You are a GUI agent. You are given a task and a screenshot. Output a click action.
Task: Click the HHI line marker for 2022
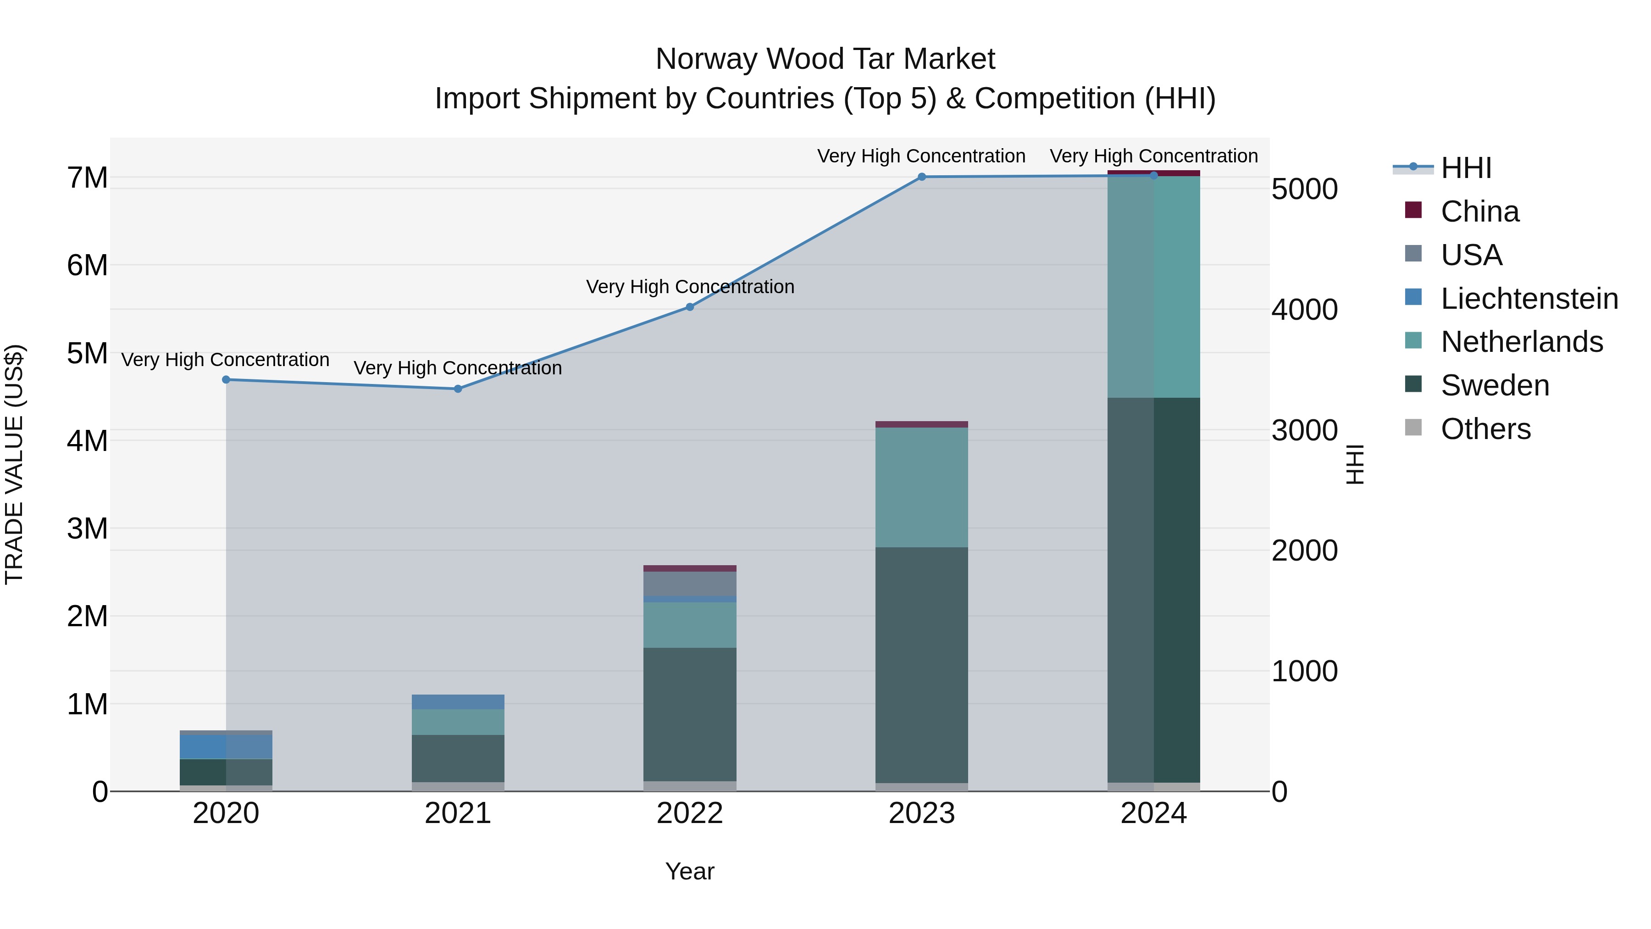[x=690, y=307]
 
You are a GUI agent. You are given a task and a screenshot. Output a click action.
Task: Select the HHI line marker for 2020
[x=226, y=379]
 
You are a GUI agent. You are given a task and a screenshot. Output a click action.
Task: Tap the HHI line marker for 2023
[x=922, y=177]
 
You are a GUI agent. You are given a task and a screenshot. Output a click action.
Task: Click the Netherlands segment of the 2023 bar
[x=922, y=487]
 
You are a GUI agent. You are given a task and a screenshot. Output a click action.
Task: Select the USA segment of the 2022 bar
[x=690, y=584]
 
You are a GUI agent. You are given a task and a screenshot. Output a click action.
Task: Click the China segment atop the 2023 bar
[x=922, y=424]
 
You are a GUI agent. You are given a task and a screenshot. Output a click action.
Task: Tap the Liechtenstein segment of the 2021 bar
[x=458, y=701]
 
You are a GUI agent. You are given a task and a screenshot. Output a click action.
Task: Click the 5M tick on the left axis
[x=87, y=353]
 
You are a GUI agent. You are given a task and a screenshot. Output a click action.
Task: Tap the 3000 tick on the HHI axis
[x=1304, y=430]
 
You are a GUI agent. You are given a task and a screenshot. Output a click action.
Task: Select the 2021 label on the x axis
[x=458, y=813]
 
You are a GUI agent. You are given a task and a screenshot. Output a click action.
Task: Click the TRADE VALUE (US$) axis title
[x=14, y=464]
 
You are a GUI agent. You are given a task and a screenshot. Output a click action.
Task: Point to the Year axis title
[x=690, y=871]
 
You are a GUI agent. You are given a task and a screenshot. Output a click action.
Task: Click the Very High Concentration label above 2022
[x=690, y=287]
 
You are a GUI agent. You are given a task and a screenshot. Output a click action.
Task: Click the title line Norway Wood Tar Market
[x=825, y=59]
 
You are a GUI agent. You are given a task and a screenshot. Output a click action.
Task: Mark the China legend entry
[x=1479, y=211]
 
